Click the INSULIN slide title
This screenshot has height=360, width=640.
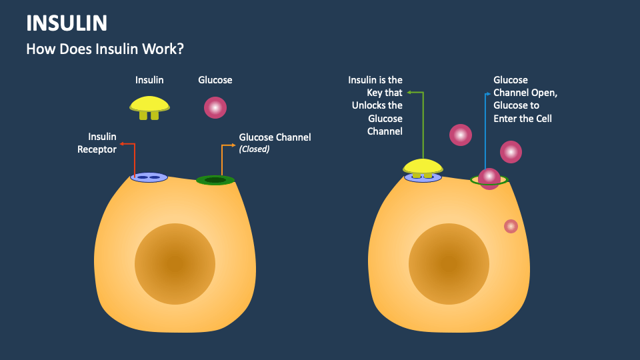pyautogui.click(x=67, y=23)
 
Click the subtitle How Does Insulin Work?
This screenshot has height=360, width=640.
pyautogui.click(x=105, y=49)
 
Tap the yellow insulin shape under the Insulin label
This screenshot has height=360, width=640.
pyautogui.click(x=149, y=105)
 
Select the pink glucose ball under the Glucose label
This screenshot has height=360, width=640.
pyautogui.click(x=215, y=107)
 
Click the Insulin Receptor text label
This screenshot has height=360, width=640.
pyautogui.click(x=97, y=143)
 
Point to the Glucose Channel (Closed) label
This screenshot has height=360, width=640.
pyautogui.click(x=275, y=143)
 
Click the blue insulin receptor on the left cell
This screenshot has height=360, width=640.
pyautogui.click(x=149, y=177)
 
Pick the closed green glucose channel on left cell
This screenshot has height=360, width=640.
pyautogui.click(x=215, y=180)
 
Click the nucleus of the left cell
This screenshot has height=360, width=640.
pyautogui.click(x=175, y=263)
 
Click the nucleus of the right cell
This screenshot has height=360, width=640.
pyautogui.click(x=449, y=263)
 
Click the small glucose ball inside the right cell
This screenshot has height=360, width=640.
pyautogui.click(x=511, y=226)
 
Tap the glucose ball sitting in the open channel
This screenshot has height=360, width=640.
pyautogui.click(x=489, y=178)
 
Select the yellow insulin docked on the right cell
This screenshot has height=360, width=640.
pyautogui.click(x=423, y=167)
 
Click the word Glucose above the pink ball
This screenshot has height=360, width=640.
pyautogui.click(x=215, y=80)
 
